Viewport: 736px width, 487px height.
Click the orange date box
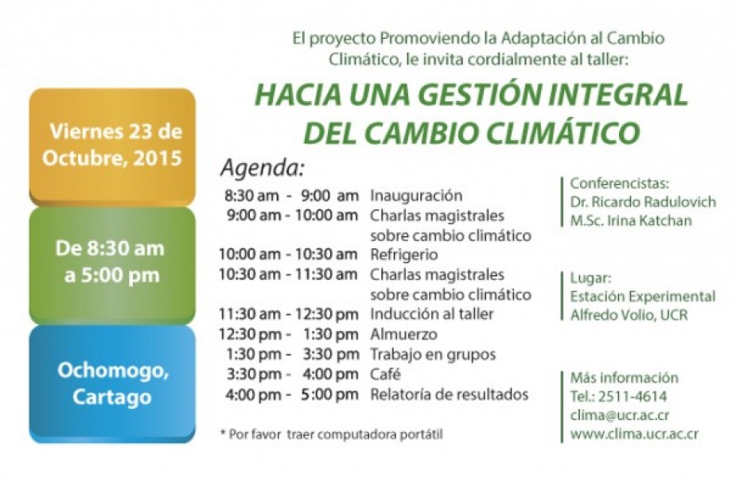[x=112, y=147]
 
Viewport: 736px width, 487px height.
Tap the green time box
[x=112, y=266]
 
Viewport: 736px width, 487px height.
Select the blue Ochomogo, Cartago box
[x=112, y=384]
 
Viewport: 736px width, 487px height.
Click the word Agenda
[x=263, y=168]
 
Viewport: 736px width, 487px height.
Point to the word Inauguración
[x=416, y=196]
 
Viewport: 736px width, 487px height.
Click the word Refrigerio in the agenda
[x=403, y=255]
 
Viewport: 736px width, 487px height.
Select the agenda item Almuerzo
[x=403, y=334]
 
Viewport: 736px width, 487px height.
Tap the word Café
[x=385, y=374]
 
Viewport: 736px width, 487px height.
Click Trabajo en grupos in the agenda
[x=433, y=355]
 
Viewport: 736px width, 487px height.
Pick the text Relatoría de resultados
[x=450, y=395]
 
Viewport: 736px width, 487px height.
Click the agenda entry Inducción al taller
[x=432, y=314]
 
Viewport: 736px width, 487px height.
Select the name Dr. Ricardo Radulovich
[x=643, y=202]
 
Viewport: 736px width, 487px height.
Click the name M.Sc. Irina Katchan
[x=631, y=220]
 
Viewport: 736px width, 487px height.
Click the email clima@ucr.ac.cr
[x=620, y=415]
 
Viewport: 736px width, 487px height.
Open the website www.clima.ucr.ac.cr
[x=634, y=434]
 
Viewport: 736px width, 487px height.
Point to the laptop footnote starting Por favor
[x=331, y=434]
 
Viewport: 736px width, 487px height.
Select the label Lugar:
[x=590, y=279]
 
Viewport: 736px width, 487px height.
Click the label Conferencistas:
[x=620, y=183]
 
